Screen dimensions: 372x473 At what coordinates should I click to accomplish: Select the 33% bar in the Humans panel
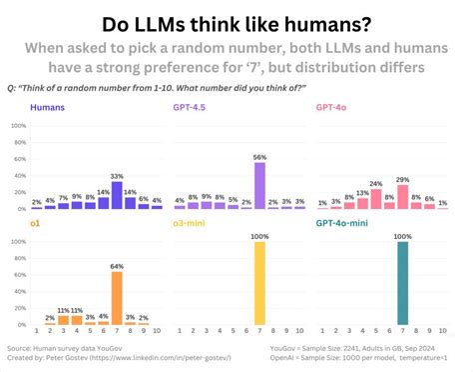pyautogui.click(x=117, y=195)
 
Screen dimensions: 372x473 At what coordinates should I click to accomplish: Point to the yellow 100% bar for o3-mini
pyautogui.click(x=259, y=284)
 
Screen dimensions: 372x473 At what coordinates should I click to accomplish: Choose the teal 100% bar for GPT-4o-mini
pyautogui.click(x=402, y=284)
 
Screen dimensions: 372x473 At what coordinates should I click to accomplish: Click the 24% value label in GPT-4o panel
pyautogui.click(x=375, y=184)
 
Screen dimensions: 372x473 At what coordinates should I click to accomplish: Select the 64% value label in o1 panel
pyautogui.click(x=117, y=266)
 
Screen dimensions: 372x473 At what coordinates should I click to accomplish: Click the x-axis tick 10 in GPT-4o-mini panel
pyautogui.click(x=443, y=331)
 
